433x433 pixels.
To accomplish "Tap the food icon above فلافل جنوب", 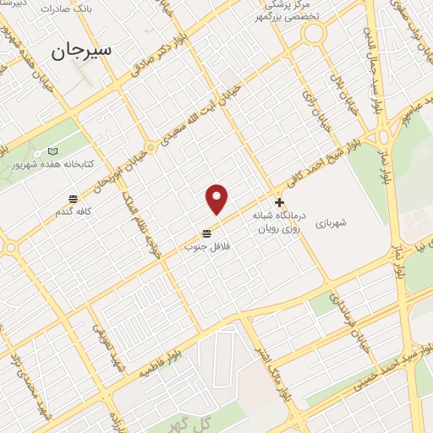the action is (x=207, y=233).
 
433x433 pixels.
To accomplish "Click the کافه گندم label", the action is (x=74, y=211).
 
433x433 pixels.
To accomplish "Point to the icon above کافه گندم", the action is (x=74, y=198).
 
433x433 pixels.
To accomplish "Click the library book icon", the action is (x=54, y=151).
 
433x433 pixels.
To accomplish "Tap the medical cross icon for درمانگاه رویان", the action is (x=280, y=202).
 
